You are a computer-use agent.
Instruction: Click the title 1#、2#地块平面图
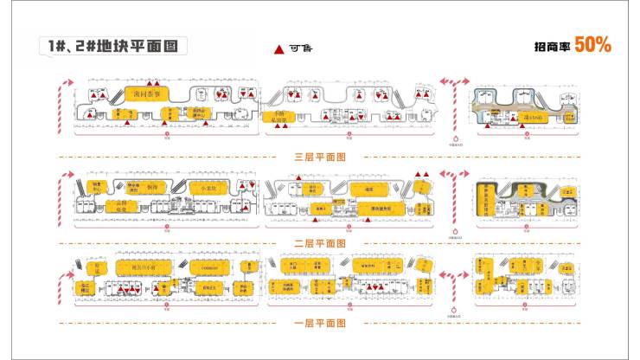pyautogui.click(x=112, y=46)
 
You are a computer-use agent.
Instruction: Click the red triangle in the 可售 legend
pyautogui.click(x=278, y=50)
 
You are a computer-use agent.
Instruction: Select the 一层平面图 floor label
pyautogui.click(x=320, y=322)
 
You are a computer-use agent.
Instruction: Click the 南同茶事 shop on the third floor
pyautogui.click(x=145, y=93)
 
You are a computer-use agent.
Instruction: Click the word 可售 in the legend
pyautogui.click(x=298, y=49)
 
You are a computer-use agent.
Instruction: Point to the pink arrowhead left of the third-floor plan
pyautogui.click(x=62, y=82)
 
